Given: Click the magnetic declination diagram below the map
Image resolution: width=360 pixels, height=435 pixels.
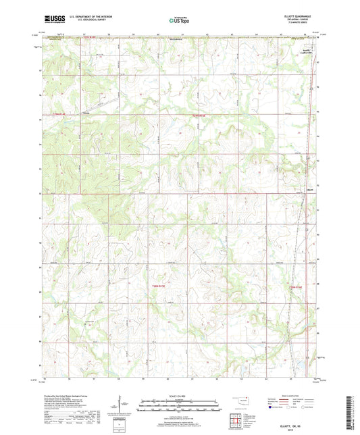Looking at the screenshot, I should (x=126, y=405).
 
